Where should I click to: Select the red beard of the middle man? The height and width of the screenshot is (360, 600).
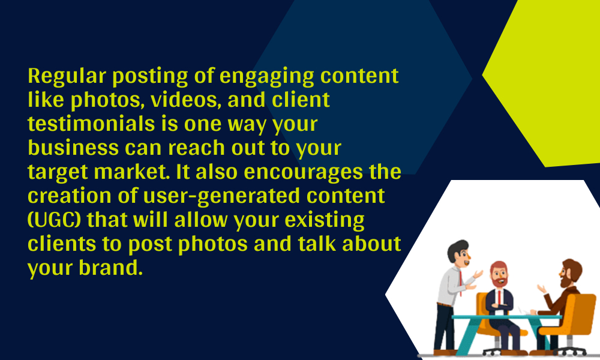point(499,281)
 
